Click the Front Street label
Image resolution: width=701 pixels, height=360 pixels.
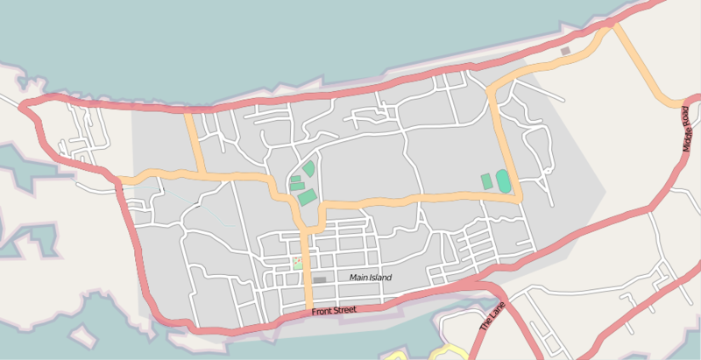333,311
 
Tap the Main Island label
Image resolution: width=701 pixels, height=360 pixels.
370,278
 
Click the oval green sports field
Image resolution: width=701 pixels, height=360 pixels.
504,181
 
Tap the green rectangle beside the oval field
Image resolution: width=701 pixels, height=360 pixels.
486,181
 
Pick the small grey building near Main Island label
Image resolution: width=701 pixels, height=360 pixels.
319,279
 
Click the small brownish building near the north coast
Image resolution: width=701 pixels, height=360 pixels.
565,51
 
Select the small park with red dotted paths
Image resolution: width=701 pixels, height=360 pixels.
298,263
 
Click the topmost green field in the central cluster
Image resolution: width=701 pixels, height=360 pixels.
308,168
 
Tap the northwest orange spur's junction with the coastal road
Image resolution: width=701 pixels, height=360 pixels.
188,112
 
